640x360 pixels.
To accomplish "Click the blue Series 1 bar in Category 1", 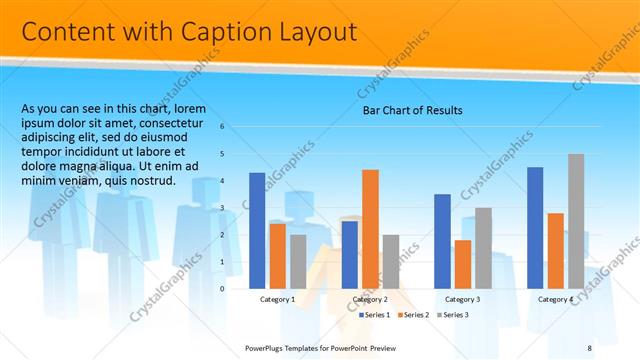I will coord(257,231).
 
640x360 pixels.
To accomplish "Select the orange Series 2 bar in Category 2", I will coord(370,229).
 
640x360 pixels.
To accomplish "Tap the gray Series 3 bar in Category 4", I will coord(576,221).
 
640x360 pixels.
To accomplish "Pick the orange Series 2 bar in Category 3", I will coord(463,264).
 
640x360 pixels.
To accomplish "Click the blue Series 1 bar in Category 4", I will coord(535,228).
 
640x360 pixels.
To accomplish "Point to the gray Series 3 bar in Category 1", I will coord(298,262).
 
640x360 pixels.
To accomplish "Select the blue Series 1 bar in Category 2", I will coord(350,255).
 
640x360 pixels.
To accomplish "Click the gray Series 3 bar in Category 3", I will coord(483,248).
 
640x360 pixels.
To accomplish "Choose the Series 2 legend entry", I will coord(415,315).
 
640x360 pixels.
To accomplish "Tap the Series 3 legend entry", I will coord(455,315).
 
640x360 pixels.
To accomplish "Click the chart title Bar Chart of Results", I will coord(412,110).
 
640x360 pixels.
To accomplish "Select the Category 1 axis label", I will coord(277,299).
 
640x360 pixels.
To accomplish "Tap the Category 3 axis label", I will coord(463,299).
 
